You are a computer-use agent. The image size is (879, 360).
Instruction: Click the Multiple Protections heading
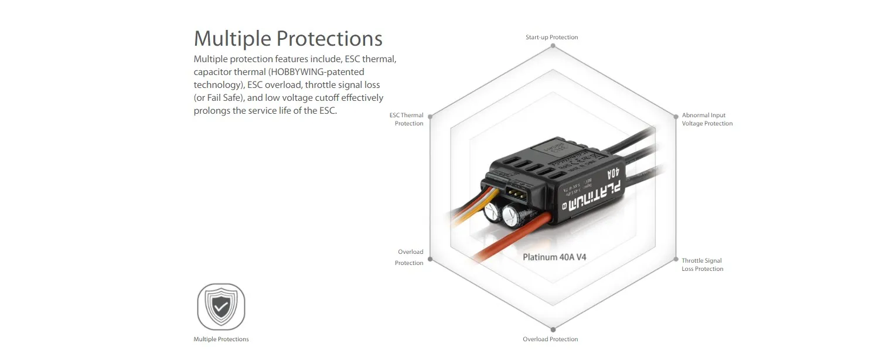[x=288, y=39]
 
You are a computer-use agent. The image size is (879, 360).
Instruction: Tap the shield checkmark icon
[x=221, y=307]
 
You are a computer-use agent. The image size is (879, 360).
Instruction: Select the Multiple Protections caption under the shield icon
[x=221, y=339]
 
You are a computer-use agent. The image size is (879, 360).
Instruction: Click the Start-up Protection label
[x=551, y=38]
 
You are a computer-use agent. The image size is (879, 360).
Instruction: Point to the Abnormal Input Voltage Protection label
[x=707, y=120]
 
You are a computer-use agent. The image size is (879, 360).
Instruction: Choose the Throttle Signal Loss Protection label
[x=702, y=265]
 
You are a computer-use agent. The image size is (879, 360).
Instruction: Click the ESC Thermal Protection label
[x=407, y=120]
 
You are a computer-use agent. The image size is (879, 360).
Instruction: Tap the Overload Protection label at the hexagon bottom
[x=550, y=339]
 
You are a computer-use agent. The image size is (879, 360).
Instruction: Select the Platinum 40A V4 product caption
[x=553, y=257]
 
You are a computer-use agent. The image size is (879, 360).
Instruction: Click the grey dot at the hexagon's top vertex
[x=551, y=46]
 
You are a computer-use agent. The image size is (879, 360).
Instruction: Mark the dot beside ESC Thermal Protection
[x=430, y=117]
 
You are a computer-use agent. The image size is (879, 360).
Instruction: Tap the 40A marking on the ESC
[x=613, y=174]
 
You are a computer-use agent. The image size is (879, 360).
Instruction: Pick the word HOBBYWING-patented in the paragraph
[x=316, y=72]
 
